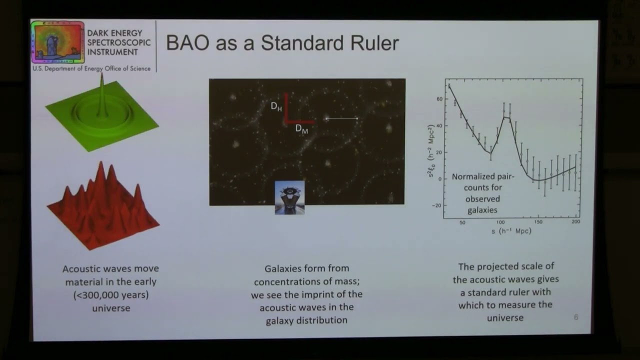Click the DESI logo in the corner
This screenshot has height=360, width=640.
coord(57,42)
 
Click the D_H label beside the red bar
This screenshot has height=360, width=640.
coord(276,106)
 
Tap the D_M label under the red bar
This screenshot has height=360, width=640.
coord(301,128)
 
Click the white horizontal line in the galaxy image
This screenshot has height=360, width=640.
coord(342,118)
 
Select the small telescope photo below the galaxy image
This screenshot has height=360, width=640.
coord(289,197)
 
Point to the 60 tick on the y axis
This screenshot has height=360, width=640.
coord(439,99)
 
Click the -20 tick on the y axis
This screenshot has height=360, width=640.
coord(438,205)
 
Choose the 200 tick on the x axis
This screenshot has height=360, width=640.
coord(575,222)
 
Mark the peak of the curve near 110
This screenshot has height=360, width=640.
coord(506,117)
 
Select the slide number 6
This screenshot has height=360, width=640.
coord(576,317)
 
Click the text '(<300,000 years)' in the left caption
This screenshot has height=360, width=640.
coord(111,295)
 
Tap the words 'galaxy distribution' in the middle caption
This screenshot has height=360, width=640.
coord(306,320)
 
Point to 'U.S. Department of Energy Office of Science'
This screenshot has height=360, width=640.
coord(91,68)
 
